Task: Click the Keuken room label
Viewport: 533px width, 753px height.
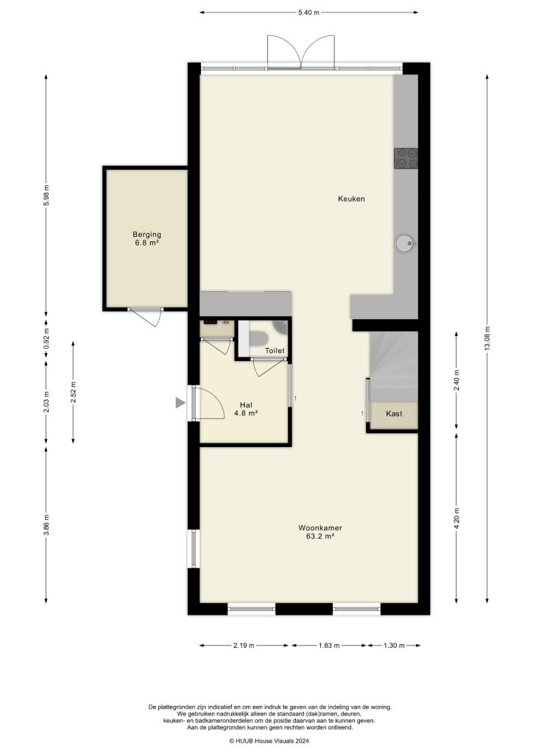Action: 351,199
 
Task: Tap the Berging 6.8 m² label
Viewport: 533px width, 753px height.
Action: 147,239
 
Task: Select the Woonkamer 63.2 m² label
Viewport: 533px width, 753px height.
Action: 320,532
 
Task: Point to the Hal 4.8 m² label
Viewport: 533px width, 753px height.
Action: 246,409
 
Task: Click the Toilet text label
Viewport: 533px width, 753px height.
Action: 275,351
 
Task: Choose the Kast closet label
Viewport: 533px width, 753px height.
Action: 394,415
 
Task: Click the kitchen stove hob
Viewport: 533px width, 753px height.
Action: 406,157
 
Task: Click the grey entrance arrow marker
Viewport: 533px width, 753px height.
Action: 180,402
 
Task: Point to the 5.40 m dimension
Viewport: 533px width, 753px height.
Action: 309,13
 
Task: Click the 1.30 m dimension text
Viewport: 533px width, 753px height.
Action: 395,646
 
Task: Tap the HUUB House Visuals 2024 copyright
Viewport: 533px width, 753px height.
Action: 270,741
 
